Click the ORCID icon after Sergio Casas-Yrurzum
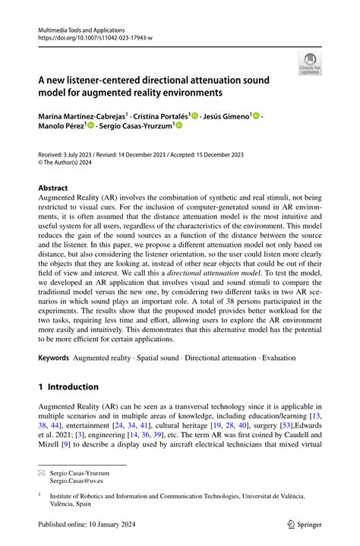(178, 127)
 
